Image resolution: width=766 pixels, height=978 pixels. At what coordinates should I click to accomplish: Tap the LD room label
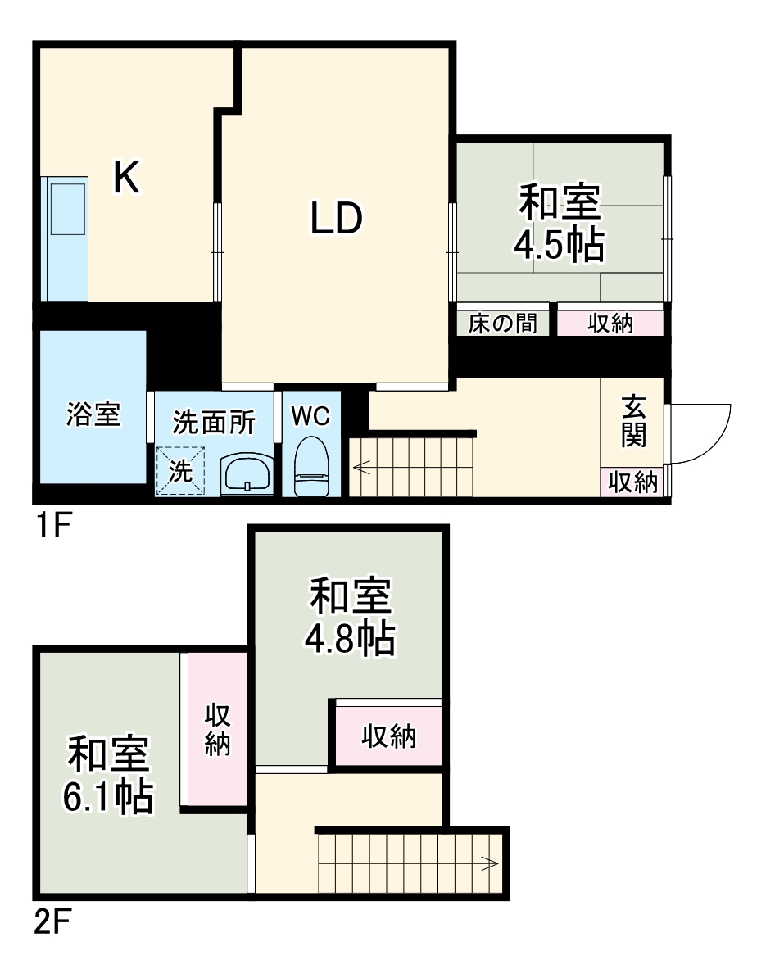coord(336,219)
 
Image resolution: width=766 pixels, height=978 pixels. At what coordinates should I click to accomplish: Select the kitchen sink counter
coord(66,238)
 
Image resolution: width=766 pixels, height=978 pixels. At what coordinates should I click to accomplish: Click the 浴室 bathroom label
coord(93,414)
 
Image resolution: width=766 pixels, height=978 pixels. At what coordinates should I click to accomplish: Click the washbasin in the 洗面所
coord(246,473)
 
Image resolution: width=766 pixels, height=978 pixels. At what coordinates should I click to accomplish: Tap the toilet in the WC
coord(310,467)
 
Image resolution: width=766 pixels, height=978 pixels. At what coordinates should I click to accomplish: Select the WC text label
coord(310,416)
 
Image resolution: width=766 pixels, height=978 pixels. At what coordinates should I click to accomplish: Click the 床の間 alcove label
coord(502,324)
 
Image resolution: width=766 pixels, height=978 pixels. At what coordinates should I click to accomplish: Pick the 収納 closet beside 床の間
coord(610,324)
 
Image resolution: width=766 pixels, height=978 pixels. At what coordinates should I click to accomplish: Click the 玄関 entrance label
coord(632,422)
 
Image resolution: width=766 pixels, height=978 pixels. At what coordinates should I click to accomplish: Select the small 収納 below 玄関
coord(632,482)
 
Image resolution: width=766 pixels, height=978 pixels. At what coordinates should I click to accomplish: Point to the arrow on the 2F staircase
coord(490,863)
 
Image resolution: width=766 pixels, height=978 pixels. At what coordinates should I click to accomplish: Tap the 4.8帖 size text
coord(351,638)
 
